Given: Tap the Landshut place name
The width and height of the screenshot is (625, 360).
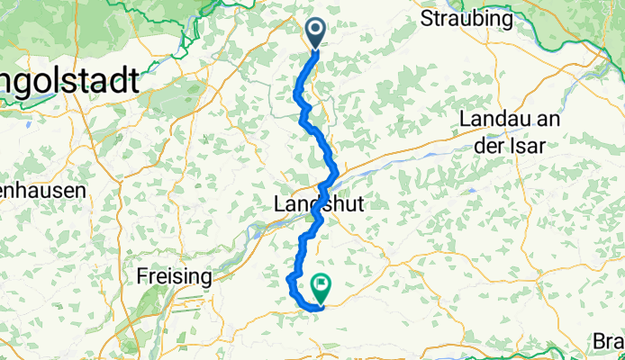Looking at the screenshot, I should pyautogui.click(x=317, y=205).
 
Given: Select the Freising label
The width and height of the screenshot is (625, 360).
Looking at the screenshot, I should pyautogui.click(x=175, y=275).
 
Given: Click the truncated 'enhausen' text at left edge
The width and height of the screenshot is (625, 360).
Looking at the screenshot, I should pyautogui.click(x=42, y=191).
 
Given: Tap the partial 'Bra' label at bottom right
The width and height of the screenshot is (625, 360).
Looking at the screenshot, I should pyautogui.click(x=608, y=342).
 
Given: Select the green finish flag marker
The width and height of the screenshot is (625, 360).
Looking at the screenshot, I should pyautogui.click(x=321, y=287).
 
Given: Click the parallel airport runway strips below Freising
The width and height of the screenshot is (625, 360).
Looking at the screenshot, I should pyautogui.click(x=144, y=306).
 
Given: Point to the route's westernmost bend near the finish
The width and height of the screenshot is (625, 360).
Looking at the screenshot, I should pyautogui.click(x=289, y=282).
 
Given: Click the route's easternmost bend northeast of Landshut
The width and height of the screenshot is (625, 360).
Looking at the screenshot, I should pyautogui.click(x=337, y=170).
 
